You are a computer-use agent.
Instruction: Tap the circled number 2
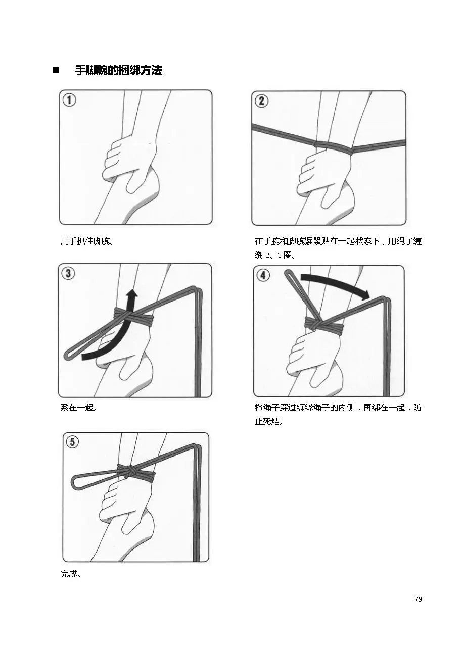(x=261, y=101)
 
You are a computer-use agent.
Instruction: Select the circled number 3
(x=68, y=273)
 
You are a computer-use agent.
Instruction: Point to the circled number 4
(x=263, y=275)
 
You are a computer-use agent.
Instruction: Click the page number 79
(x=418, y=599)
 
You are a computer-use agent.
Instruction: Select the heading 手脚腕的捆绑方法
(x=118, y=70)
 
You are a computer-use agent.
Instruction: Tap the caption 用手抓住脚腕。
(x=86, y=241)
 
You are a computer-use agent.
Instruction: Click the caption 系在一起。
(x=79, y=408)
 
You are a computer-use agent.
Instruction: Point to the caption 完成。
(x=71, y=574)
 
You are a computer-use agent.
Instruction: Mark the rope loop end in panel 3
(x=69, y=354)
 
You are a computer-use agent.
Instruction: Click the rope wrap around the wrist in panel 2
(x=334, y=147)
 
